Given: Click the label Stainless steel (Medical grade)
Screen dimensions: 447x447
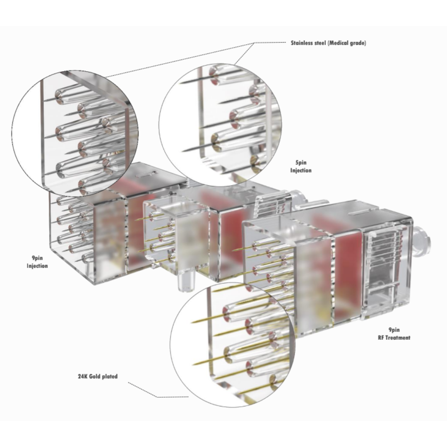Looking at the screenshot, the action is tap(328, 43).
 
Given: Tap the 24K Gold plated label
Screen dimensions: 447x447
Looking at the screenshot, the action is tap(98, 376).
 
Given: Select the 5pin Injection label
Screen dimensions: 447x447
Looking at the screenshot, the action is tap(301, 166).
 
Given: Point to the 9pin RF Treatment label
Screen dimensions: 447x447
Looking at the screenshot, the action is tap(394, 334).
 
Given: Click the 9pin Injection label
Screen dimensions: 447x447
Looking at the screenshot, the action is tap(37, 262).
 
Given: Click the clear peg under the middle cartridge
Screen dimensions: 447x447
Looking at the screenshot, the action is tap(185, 280).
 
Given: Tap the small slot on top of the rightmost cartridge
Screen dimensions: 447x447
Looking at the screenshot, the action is tap(360, 212).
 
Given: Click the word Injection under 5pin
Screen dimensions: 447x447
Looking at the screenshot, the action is tap(301, 170).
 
